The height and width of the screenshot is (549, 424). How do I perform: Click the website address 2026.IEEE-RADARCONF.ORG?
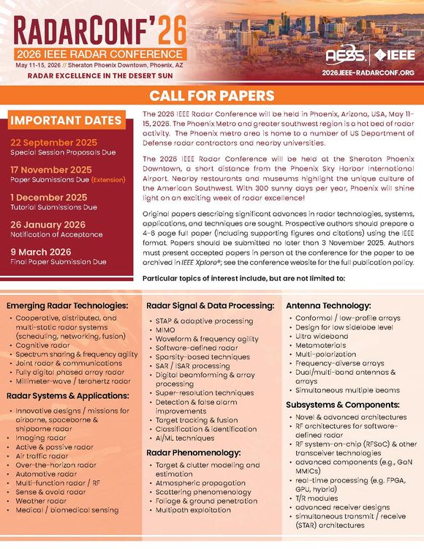368,73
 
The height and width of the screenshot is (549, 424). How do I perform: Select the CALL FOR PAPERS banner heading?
212,96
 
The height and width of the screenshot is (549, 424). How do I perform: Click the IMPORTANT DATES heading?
66,120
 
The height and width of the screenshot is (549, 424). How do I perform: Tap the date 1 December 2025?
48,197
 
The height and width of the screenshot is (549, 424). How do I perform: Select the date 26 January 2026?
48,224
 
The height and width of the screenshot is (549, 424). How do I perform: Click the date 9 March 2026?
41,251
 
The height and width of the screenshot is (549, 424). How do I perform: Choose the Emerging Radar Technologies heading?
68,305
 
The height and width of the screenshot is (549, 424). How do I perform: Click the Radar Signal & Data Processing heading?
210,305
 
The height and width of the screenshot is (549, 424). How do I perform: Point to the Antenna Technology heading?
328,305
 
